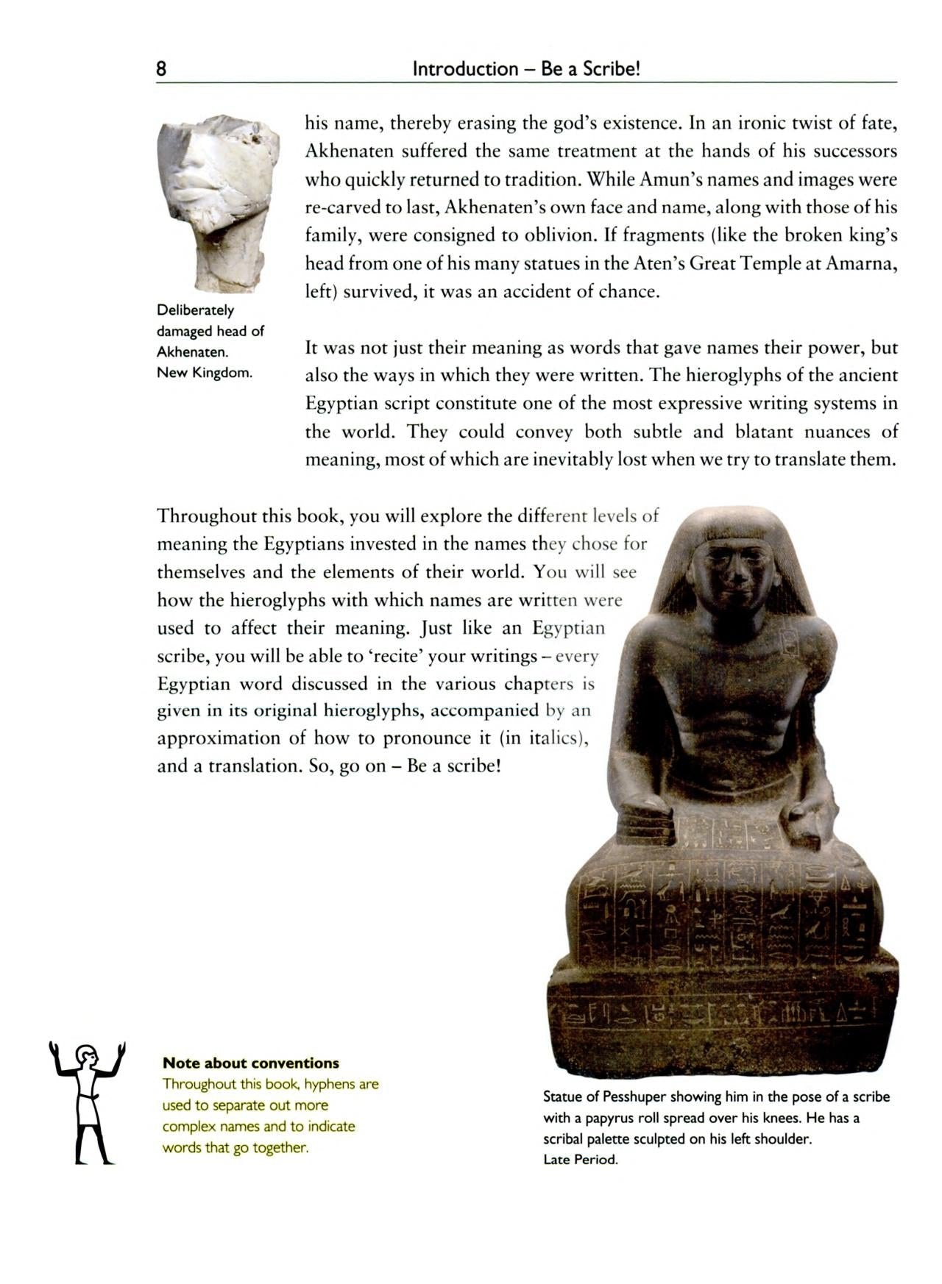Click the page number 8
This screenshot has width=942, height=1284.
tap(161, 69)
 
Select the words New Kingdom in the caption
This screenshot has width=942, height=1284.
tap(204, 373)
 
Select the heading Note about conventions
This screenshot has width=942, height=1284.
tap(250, 1063)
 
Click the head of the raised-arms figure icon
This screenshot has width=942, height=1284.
tap(86, 1055)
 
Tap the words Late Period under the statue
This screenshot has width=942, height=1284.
tap(581, 1160)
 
